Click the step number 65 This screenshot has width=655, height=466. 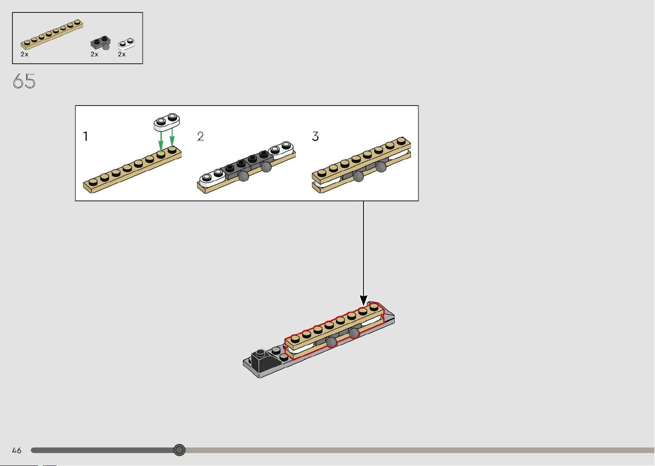tap(24, 81)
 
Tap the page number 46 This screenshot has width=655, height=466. tap(17, 450)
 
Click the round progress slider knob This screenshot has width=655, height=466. tap(179, 450)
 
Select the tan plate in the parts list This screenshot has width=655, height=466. tap(52, 35)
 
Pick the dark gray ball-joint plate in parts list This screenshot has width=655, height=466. tap(100, 43)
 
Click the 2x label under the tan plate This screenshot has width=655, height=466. tap(24, 54)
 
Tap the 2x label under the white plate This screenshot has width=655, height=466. tap(122, 54)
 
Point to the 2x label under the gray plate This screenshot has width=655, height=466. tap(94, 54)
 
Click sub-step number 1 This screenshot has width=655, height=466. tap(86, 136)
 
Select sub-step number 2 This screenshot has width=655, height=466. tap(201, 136)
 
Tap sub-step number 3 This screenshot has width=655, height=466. tap(315, 136)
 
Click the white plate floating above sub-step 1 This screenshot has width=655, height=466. tap(167, 121)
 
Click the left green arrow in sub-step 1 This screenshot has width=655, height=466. tap(161, 141)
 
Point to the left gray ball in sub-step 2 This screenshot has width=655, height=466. tap(243, 176)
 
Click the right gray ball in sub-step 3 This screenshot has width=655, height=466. tap(381, 167)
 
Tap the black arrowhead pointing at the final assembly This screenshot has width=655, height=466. tap(363, 300)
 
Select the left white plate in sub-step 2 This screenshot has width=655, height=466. tap(212, 178)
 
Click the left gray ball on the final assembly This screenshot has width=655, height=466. tap(331, 342)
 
